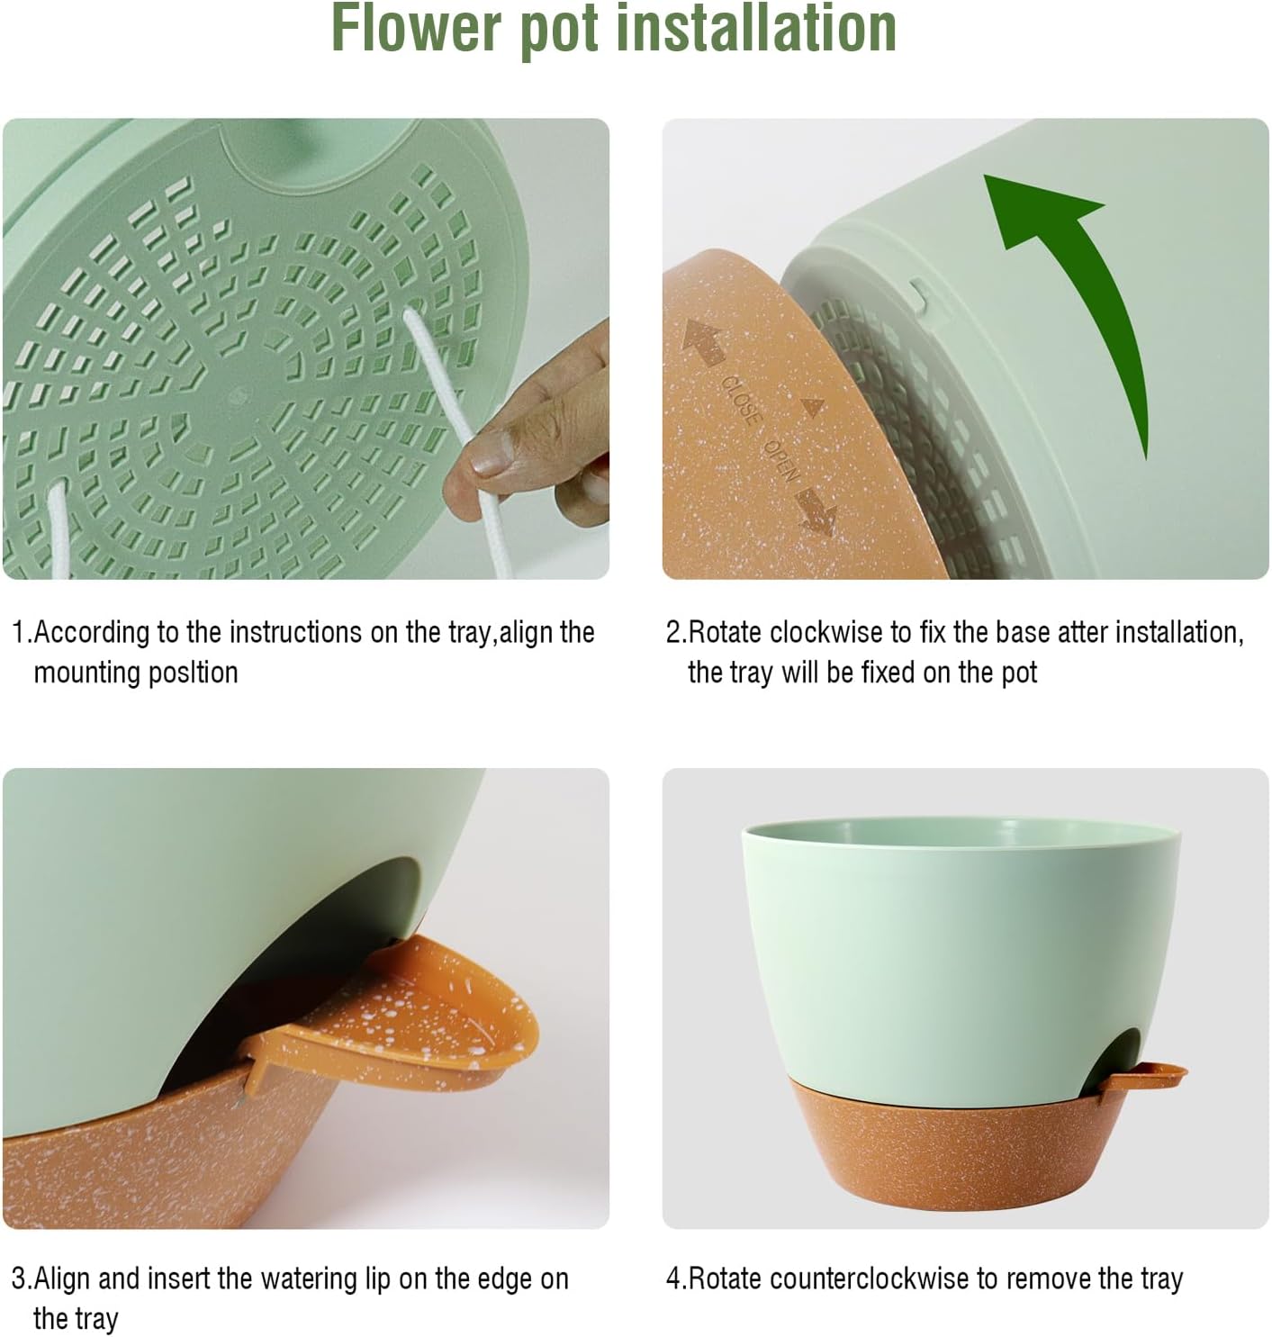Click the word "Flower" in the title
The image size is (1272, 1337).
coord(416,29)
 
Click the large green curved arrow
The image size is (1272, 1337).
coord(1080,288)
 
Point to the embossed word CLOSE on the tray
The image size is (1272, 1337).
coord(741,400)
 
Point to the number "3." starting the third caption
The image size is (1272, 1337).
coord(21,1278)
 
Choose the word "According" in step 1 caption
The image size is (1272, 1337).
coord(92,633)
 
